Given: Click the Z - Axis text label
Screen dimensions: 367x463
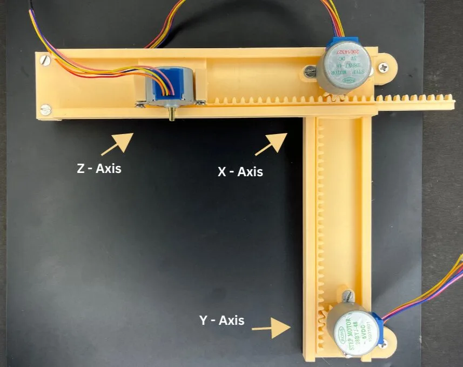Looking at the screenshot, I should click(99, 169).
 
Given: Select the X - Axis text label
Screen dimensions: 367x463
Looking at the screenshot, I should click(240, 172).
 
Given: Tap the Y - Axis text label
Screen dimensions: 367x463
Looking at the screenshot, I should click(222, 321).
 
